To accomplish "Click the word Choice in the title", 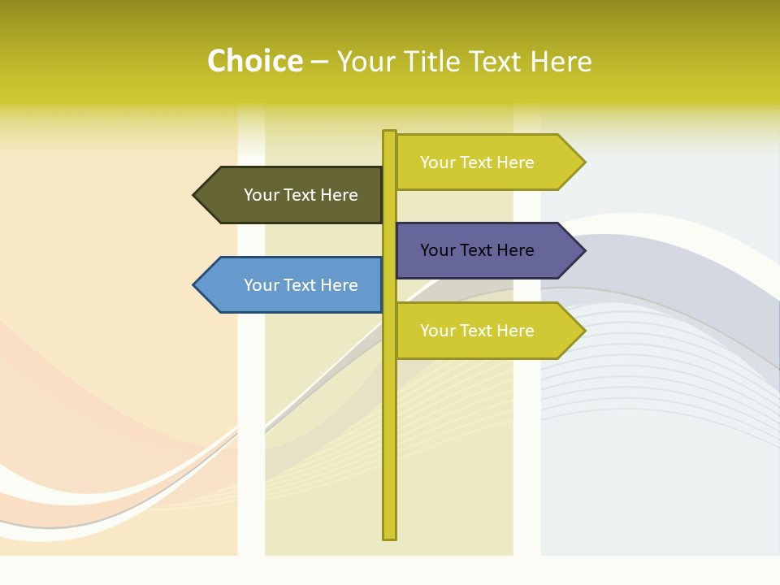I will tap(254, 62).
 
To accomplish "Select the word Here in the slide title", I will tap(561, 62).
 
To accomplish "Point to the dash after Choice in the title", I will tap(319, 63).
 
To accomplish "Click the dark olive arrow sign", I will tap(292, 195).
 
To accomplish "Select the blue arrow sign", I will tap(292, 285).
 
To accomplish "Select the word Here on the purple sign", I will tap(514, 250).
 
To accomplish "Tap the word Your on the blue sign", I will tap(261, 285).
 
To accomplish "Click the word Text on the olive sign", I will tap(301, 195).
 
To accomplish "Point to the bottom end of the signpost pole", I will tap(389, 536).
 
